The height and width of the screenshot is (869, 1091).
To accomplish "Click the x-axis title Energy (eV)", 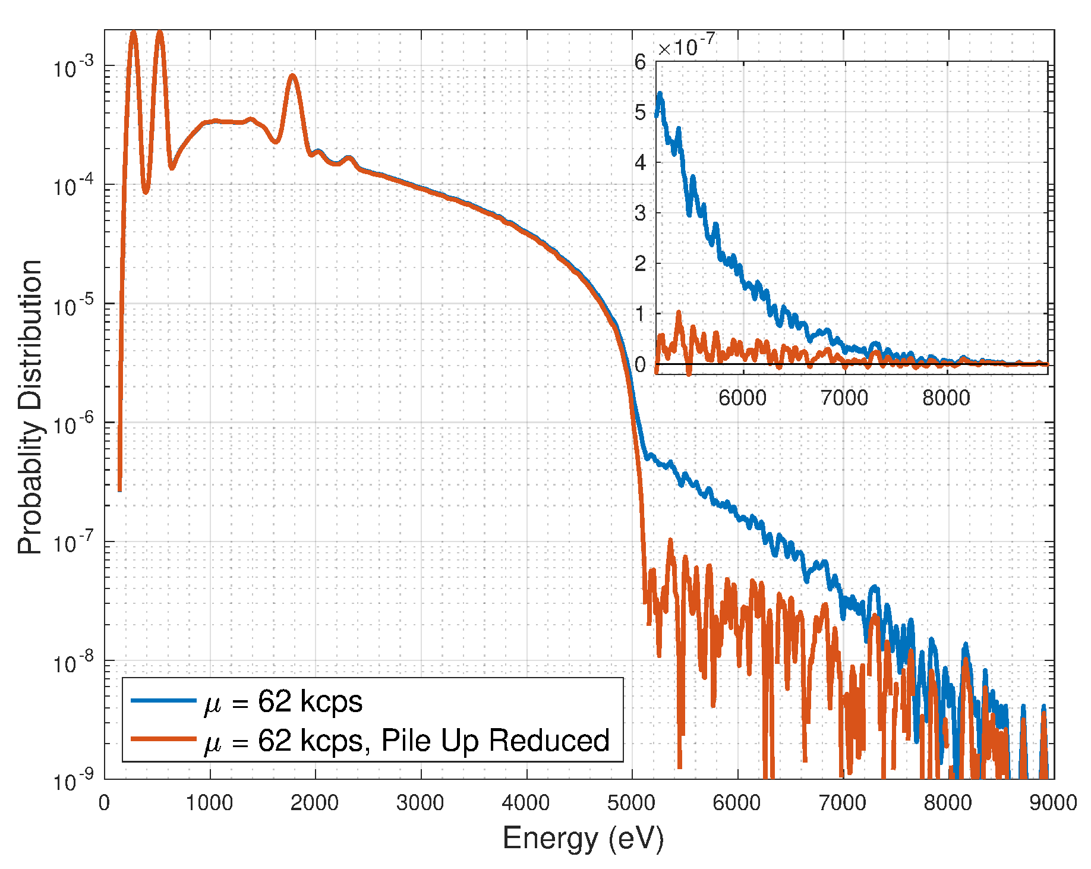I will pos(582,839).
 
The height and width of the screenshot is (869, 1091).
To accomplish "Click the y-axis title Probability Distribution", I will pos(30,407).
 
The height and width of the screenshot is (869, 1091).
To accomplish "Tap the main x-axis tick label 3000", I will pos(420,803).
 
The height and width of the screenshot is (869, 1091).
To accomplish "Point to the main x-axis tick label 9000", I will pos(1053,803).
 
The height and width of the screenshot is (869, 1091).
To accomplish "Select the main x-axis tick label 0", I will pos(105,803).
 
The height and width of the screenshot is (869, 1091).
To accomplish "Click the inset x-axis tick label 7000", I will pos(844,398).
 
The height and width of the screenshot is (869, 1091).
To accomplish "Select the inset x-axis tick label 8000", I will pos(946,398).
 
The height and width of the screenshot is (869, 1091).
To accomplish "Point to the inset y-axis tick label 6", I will pos(640,62).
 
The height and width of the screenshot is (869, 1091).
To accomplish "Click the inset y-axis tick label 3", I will pos(640,213).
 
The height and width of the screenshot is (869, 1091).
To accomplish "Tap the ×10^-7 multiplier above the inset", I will pos(686,46).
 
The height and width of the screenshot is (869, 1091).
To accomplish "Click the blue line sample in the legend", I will pos(163,700).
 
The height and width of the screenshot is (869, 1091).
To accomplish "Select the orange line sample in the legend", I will pos(163,739).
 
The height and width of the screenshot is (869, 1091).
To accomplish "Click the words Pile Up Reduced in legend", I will pos(495,740).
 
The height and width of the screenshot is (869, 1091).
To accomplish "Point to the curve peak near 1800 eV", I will pos(292,76).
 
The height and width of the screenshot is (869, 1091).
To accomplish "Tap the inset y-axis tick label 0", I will pos(640,364).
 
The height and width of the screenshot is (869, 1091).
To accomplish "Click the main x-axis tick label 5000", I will pos(631,803).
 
